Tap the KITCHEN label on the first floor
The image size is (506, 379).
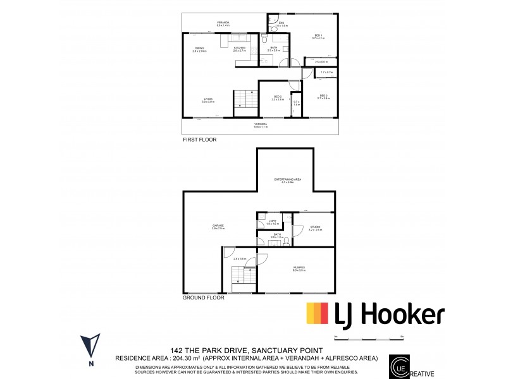point(240,48)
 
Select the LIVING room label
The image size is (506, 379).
point(207,99)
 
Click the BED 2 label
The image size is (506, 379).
point(277,97)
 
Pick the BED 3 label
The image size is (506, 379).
point(324,96)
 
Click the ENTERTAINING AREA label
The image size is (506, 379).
point(287,179)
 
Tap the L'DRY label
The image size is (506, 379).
point(273,221)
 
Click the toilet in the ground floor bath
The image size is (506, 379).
point(287,241)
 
